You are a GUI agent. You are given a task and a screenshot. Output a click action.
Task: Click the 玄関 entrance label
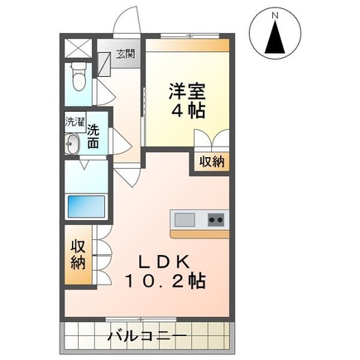[124, 55]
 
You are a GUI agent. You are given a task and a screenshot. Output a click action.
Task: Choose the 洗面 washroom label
[94, 137]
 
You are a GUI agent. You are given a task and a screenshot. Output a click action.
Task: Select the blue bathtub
[87, 204]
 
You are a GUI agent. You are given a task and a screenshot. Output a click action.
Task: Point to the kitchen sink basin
[185, 219]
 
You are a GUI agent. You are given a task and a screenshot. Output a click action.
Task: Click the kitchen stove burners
[214, 219]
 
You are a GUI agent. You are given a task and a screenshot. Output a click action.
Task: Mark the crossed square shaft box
[77, 46]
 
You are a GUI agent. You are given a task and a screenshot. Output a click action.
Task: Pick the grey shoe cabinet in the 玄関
[104, 60]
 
